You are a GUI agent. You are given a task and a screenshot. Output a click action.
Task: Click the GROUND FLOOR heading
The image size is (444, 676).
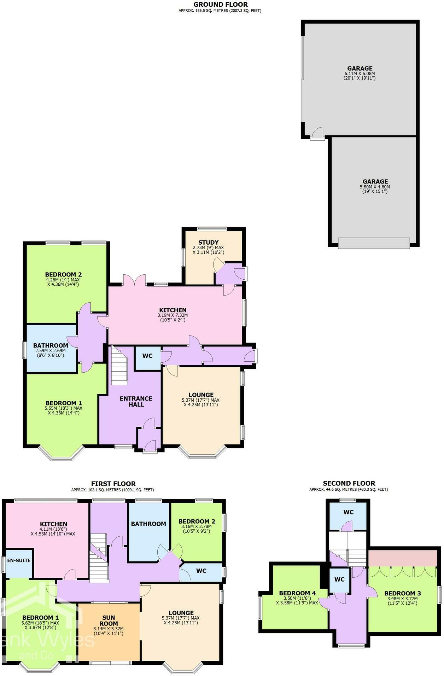pos(221,5)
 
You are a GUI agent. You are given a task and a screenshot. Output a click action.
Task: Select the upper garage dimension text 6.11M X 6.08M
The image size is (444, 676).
pos(360,74)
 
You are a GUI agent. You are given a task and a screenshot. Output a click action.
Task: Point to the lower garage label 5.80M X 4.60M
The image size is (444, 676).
pos(375,187)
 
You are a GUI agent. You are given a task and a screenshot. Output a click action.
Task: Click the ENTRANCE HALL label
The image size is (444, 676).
pos(136,401)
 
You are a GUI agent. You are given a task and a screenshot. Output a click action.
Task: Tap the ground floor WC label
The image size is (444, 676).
pos(147,356)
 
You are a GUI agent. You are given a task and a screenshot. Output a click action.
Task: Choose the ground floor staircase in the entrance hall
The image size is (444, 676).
pos(119,366)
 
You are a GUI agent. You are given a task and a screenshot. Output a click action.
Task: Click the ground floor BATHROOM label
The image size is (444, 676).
pos(51,345)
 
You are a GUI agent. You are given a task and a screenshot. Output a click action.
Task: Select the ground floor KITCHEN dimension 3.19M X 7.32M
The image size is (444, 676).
pos(172,315)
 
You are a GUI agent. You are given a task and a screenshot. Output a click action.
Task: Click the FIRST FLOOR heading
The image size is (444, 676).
pos(113,484)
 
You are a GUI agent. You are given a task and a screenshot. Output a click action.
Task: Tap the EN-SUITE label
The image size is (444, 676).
pos(19,560)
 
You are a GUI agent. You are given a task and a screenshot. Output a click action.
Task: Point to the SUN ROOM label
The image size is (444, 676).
pos(109,620)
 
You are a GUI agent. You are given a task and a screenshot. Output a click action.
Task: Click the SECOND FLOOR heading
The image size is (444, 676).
pos(349,483)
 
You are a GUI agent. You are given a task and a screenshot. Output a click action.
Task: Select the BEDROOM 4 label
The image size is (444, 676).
pos(297,593)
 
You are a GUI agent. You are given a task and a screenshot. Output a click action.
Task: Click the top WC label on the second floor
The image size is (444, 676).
pos(349,512)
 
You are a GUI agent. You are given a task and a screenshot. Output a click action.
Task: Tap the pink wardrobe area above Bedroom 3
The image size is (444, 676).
pos(403,558)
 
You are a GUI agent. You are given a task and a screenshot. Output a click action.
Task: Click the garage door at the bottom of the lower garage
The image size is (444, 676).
pos(374,243)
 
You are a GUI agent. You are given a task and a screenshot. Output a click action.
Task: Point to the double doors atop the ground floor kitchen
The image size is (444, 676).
pos(134,281)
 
